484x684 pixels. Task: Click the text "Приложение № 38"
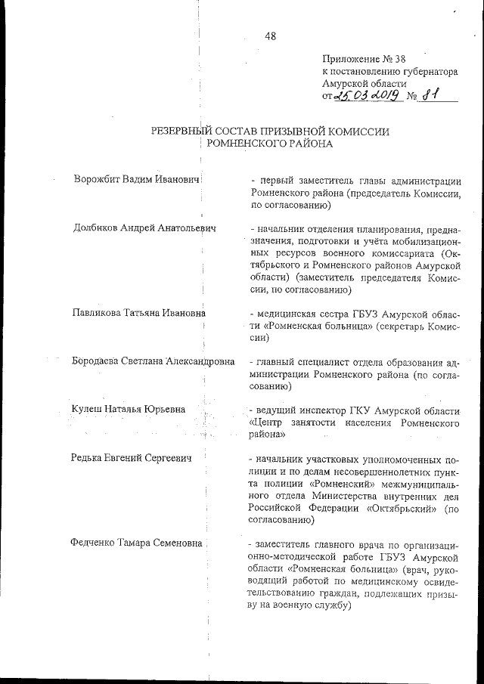point(359,59)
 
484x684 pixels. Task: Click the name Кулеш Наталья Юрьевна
point(129,410)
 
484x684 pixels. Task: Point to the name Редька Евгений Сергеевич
point(132,458)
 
